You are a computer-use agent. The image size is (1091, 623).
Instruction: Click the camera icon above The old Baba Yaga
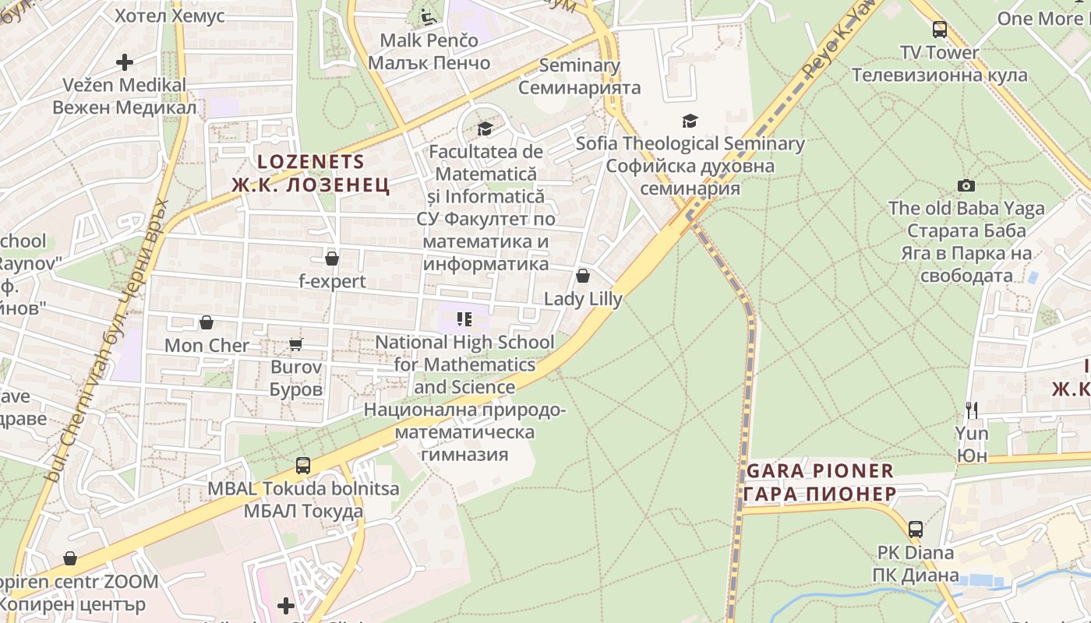coord(966,185)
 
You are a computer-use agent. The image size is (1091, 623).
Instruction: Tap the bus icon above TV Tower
coord(940,30)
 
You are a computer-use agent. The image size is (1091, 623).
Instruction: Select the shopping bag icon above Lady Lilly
coord(582,276)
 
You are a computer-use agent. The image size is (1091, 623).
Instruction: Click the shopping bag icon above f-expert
coord(332,259)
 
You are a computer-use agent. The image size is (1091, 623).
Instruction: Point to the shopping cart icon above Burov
coord(295,343)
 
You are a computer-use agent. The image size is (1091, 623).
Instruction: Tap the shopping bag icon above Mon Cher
coord(207,322)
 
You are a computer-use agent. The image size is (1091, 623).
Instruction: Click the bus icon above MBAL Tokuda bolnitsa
coord(303,466)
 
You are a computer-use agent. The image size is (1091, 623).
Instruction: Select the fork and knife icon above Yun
coord(971,410)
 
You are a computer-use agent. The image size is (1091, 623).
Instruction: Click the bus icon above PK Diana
coord(916,530)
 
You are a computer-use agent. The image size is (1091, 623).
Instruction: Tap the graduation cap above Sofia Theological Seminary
coord(690,121)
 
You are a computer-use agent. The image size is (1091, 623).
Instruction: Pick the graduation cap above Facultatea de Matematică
coord(485,128)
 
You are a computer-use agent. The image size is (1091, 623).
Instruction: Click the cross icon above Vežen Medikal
coord(125,62)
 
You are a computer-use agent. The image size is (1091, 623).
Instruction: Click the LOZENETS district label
coord(311,162)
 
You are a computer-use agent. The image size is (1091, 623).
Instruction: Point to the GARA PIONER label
coord(820,471)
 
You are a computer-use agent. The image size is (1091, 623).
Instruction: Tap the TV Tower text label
coord(939,53)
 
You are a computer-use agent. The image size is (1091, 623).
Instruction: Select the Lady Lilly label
coord(583,299)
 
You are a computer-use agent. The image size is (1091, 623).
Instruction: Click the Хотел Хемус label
coord(169,16)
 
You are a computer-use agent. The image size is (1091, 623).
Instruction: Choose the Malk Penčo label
coord(429,40)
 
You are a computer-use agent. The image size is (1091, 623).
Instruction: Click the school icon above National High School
coord(464,319)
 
